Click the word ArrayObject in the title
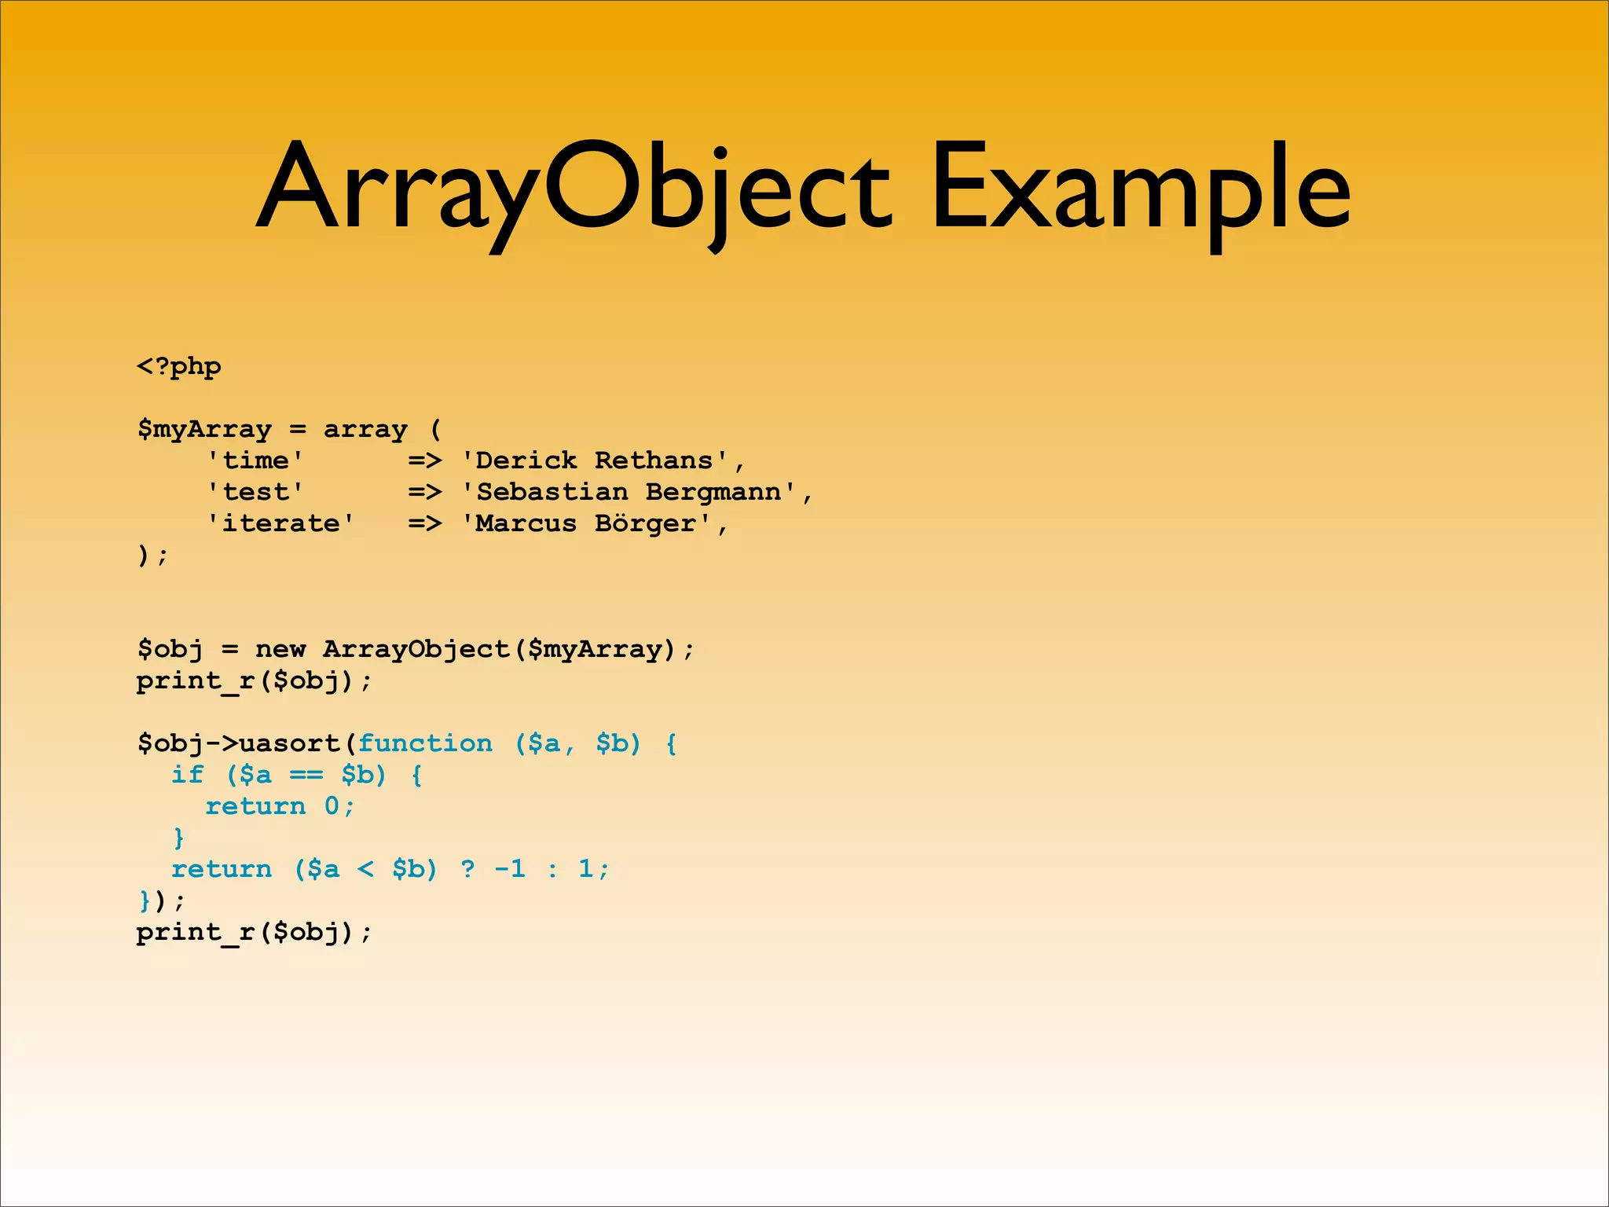(574, 189)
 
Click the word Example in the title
(1139, 189)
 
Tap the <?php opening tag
(179, 367)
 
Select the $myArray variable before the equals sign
(204, 430)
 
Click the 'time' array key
(255, 461)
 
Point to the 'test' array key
(255, 493)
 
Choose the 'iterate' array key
(280, 524)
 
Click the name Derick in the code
(526, 461)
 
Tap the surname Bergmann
(713, 493)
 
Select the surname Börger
(645, 524)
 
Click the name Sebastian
(552, 493)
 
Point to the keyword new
(280, 650)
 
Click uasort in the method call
(289, 744)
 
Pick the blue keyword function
(425, 744)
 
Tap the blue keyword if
(188, 776)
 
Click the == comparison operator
(306, 776)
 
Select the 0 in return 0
(332, 807)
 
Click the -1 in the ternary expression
(510, 870)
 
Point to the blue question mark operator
(467, 870)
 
